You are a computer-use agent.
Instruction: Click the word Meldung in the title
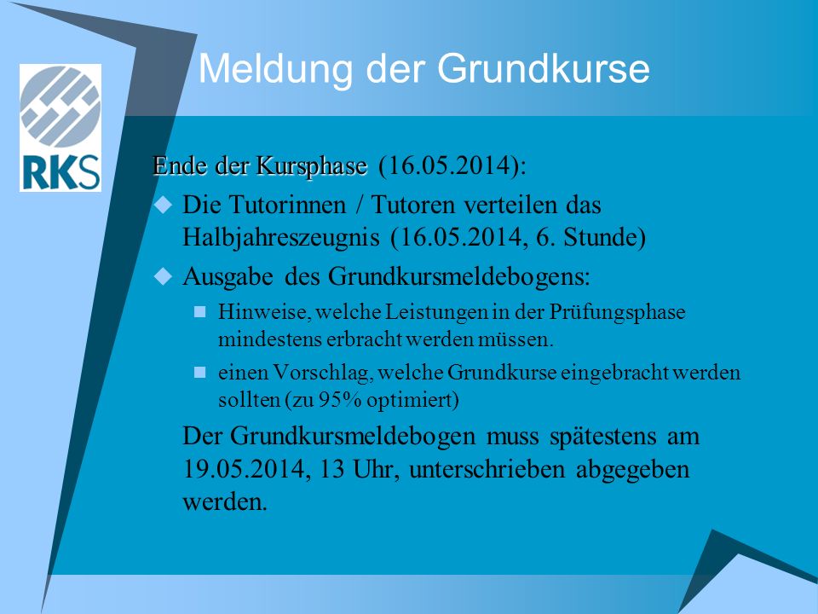tap(275, 68)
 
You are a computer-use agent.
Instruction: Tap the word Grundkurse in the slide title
tap(543, 68)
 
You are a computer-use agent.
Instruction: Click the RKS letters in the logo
tap(61, 172)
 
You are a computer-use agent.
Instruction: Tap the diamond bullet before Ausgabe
tap(164, 275)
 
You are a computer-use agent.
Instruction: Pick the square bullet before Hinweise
tap(199, 312)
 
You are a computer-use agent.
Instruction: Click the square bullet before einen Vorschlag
tap(199, 373)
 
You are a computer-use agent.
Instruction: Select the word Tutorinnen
tap(287, 204)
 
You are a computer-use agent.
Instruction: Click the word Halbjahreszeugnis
tap(280, 238)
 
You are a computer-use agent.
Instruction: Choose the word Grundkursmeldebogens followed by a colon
tap(459, 276)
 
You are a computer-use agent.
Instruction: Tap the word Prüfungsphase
tap(617, 312)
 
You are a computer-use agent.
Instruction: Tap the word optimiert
tap(412, 400)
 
